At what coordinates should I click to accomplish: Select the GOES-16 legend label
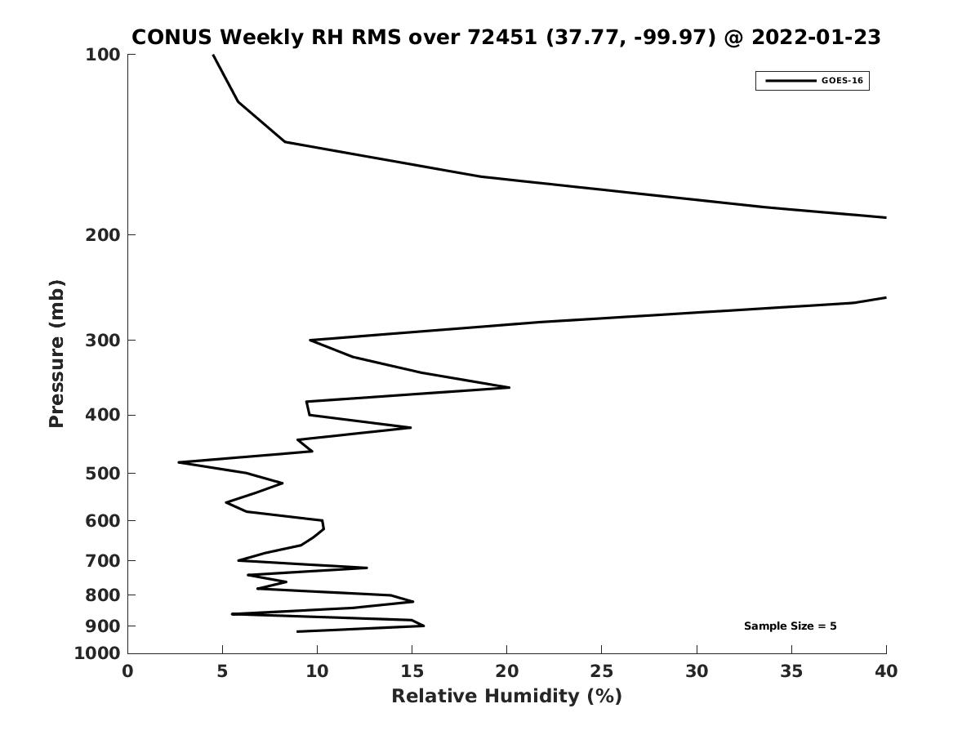coord(842,81)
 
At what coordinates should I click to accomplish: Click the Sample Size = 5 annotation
coord(790,626)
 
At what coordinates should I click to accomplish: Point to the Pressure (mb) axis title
coord(56,354)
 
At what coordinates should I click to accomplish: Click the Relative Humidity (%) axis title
coord(506,696)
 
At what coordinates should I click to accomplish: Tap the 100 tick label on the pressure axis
coord(103,55)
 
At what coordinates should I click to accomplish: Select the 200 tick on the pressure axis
coord(103,235)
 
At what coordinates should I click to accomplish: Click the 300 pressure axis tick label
coord(103,341)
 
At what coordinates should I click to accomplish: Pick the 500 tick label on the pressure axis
coord(103,474)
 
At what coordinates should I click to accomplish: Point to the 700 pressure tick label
coord(103,561)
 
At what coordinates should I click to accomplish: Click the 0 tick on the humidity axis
coord(128,671)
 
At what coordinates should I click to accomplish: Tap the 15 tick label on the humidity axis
coord(412,671)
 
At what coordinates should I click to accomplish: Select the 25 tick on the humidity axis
coord(602,671)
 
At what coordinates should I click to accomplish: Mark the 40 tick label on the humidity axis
coord(886,671)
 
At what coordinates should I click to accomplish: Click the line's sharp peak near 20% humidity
coord(509,387)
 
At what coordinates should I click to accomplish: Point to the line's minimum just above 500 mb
coord(179,462)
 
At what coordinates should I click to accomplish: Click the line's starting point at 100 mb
coord(213,55)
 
